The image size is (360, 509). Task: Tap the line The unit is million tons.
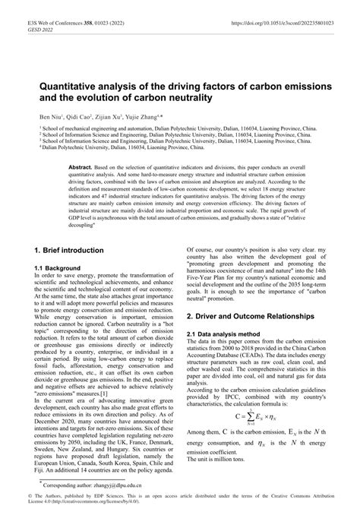pyautogui.click(x=221, y=460)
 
